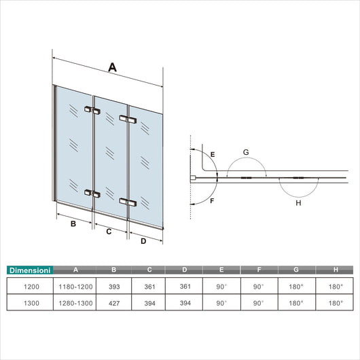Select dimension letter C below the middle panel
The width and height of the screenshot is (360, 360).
pos(109,231)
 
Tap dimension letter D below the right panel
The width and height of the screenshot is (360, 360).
pos(143,240)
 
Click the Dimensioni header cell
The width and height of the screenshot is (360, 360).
pos(31,270)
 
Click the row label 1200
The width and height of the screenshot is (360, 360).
pos(31,287)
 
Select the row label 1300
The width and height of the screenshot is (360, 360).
pos(31,304)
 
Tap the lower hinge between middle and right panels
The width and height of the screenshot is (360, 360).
pos(127,202)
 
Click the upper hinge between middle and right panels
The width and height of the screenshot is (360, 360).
pos(127,120)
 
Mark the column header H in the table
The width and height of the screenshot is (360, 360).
pos(334,270)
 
